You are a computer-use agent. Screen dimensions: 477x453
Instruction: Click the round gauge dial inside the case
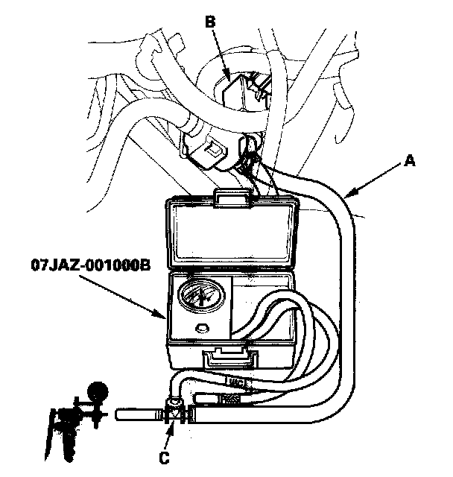pos(200,297)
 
